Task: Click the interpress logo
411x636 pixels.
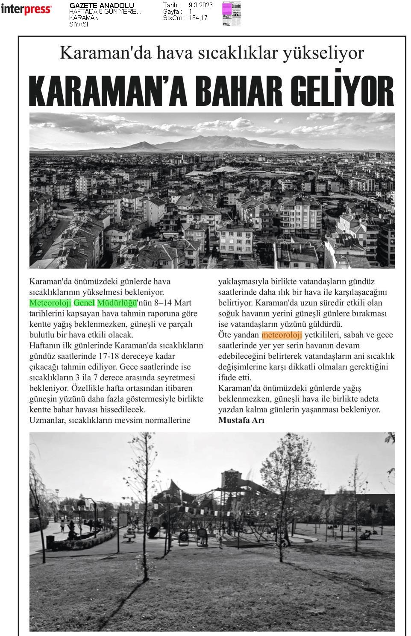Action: (x=26, y=9)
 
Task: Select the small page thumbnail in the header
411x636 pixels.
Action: (x=231, y=14)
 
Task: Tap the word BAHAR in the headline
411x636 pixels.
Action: (x=244, y=91)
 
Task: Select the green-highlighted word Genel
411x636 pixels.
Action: (x=84, y=303)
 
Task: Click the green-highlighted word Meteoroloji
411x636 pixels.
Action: (x=50, y=303)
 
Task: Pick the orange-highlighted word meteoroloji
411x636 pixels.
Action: (x=282, y=335)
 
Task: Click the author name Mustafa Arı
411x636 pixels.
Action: (x=241, y=420)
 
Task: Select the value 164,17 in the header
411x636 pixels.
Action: (x=198, y=18)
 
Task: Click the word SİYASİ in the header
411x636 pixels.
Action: (x=79, y=24)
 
